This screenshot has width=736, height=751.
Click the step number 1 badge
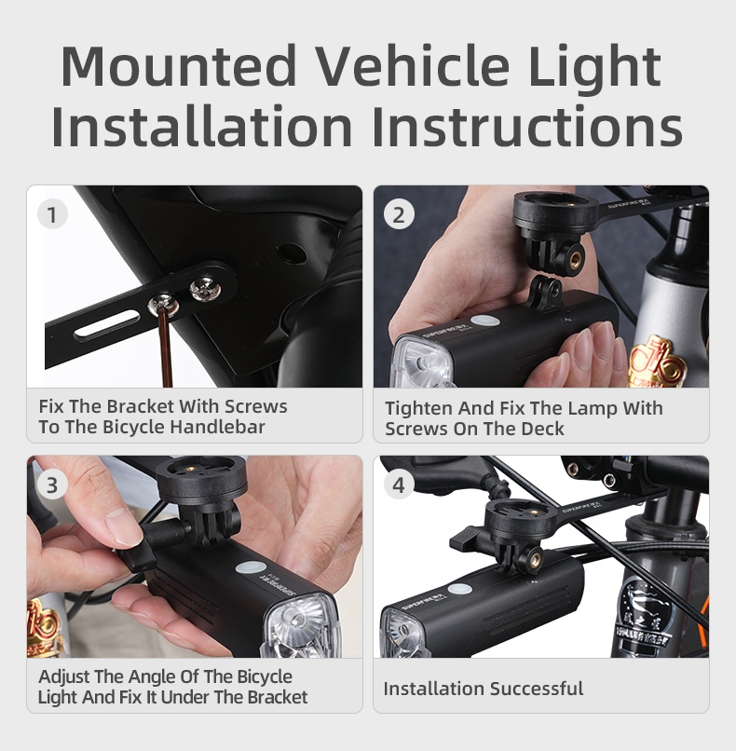(x=52, y=214)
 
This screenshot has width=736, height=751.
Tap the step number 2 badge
(x=399, y=214)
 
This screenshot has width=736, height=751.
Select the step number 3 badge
(x=52, y=485)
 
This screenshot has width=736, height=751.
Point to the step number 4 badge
(x=399, y=485)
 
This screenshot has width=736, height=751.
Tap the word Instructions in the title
(x=526, y=126)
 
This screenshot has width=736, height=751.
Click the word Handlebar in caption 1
(x=217, y=427)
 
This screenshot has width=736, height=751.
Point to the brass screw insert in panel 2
(x=575, y=259)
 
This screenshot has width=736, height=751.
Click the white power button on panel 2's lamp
(x=484, y=321)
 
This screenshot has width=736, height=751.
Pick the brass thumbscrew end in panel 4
(x=534, y=557)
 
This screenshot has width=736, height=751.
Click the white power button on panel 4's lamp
(x=459, y=589)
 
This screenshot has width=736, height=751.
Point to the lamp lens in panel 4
(x=403, y=635)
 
